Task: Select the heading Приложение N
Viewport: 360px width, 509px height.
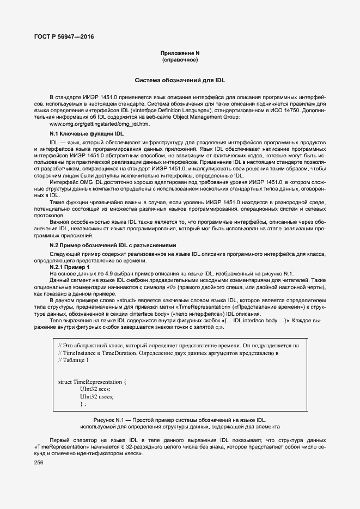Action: [x=179, y=53]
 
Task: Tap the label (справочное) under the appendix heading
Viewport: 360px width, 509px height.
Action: [x=179, y=60]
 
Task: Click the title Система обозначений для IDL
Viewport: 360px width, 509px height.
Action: [x=180, y=80]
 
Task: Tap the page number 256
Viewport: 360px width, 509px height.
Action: [x=39, y=462]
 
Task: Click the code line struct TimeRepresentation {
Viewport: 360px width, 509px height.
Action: [x=92, y=382]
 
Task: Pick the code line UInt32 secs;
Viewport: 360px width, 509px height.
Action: [x=95, y=389]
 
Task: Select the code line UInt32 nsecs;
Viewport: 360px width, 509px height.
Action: [x=96, y=397]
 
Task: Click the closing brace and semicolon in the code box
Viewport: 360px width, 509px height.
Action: [x=83, y=404]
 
